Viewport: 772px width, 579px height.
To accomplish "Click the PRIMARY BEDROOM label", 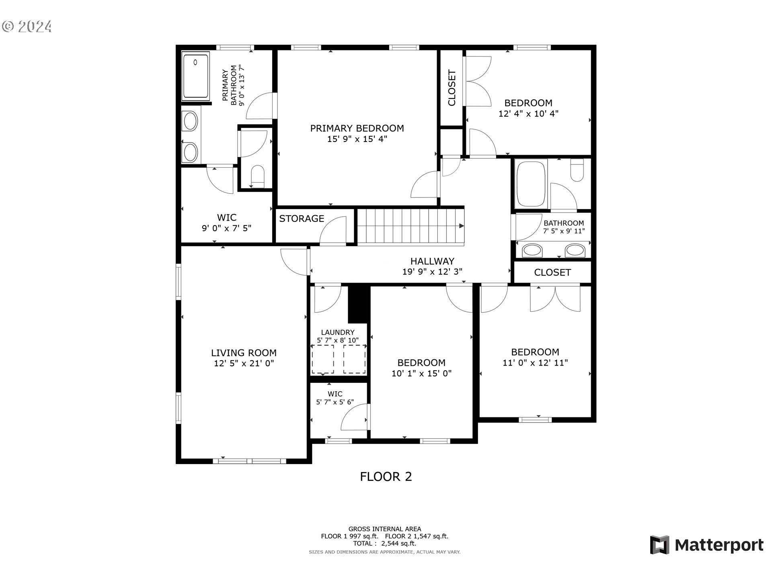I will (x=357, y=128).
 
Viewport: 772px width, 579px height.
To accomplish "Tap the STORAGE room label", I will (x=302, y=219).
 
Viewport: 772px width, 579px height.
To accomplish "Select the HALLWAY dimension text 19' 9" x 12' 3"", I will (x=432, y=272).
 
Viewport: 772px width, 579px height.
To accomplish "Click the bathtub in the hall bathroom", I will (x=531, y=183).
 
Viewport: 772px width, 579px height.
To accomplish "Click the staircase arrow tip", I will (x=462, y=226).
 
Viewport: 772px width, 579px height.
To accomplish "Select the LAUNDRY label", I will (x=338, y=333).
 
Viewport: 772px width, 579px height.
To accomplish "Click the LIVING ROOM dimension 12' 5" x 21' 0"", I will (x=244, y=363).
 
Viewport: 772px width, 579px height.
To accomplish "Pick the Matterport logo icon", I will (x=659, y=545).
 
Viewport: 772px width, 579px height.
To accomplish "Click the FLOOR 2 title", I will (x=386, y=477).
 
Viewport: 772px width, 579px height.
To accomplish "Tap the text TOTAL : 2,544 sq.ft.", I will (x=384, y=544).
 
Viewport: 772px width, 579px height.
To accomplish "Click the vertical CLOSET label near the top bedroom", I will (x=452, y=88).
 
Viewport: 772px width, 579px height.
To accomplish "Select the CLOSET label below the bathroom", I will (x=552, y=273).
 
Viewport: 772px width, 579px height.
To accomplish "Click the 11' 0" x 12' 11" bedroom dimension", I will (x=535, y=363).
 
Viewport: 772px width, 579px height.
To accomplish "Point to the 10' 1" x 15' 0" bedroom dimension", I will (x=421, y=374).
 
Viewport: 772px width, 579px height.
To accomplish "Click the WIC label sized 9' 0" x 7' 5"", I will (x=226, y=218).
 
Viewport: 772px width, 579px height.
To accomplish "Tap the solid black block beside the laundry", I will (x=358, y=303).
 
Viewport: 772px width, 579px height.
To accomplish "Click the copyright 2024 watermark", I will (x=27, y=27).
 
